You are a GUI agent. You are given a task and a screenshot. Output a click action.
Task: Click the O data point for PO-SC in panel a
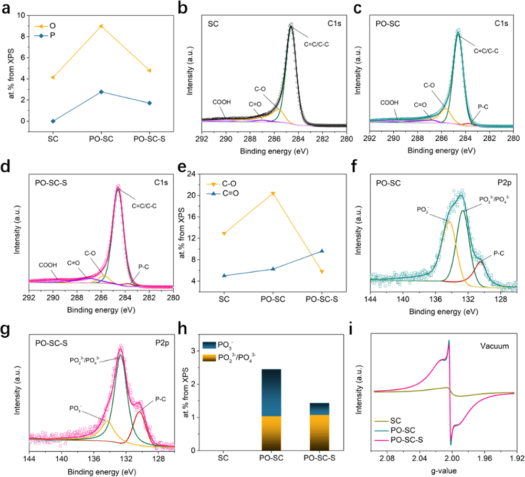[x=101, y=26]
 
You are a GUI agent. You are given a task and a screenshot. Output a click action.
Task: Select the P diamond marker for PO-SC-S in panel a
[x=150, y=103]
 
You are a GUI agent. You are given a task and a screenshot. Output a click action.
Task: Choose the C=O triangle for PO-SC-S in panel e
[x=322, y=251]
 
